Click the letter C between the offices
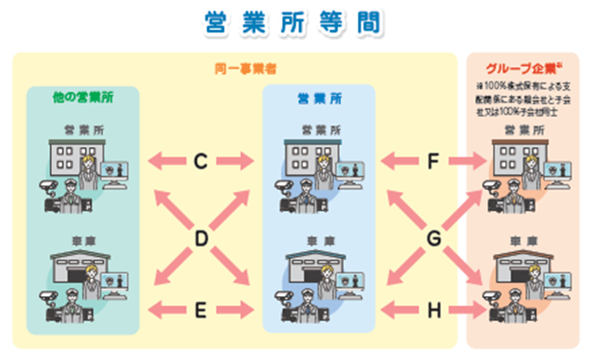[x=200, y=160]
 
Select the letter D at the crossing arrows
[x=200, y=235]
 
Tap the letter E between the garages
[x=200, y=308]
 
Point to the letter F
[x=435, y=160]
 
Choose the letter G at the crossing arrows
[x=435, y=235]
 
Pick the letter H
[x=435, y=308]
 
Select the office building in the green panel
[x=65, y=161]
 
